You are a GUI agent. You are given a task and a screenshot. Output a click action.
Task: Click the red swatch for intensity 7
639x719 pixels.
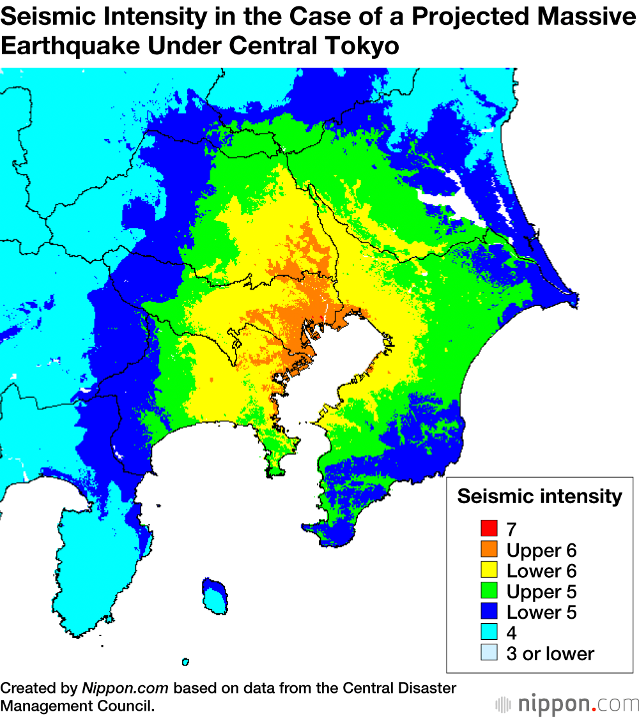(x=489, y=529)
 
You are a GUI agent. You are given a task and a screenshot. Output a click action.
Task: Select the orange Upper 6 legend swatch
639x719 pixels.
(x=489, y=549)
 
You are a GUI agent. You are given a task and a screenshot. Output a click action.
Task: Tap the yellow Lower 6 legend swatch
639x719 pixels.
(x=489, y=570)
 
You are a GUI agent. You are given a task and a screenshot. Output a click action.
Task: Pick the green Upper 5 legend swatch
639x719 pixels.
(x=489, y=591)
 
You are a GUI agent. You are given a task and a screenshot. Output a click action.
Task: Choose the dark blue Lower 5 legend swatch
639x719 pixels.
(x=489, y=612)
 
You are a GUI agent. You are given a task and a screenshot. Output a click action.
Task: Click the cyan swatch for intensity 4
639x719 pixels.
(x=489, y=633)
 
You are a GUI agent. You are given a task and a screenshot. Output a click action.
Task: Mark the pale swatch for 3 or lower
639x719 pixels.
(x=489, y=653)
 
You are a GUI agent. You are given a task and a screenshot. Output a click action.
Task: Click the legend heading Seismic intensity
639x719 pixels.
(x=539, y=497)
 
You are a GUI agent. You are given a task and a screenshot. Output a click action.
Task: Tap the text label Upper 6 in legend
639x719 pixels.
(x=541, y=550)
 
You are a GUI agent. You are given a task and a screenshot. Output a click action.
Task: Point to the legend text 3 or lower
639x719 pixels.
(x=550, y=654)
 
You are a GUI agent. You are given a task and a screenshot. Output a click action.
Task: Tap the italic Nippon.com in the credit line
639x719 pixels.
(x=125, y=689)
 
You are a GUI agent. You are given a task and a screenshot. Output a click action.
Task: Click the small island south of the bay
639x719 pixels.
(x=215, y=595)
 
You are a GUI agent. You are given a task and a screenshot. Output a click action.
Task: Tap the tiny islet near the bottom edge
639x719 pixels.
(x=185, y=662)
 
